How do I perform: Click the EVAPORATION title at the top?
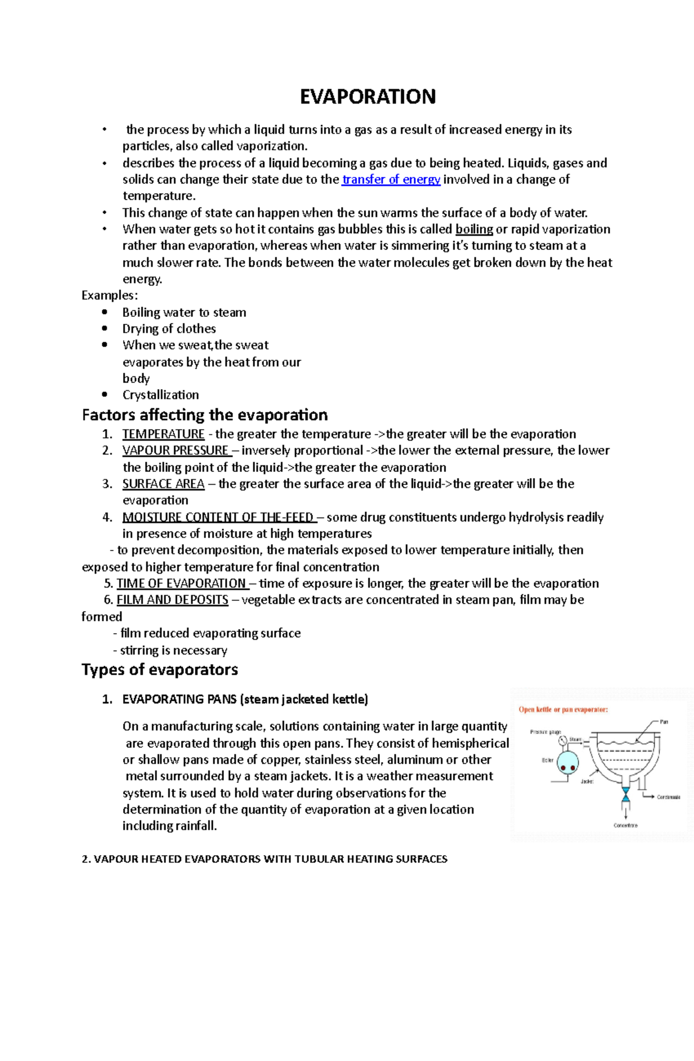[x=367, y=97]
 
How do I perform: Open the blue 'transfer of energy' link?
[x=391, y=179]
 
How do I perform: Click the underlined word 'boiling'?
[x=474, y=229]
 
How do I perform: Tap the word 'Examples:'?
[x=109, y=295]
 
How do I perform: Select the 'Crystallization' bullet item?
[x=160, y=395]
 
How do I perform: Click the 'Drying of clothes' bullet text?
[x=169, y=328]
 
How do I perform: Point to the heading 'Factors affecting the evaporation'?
[x=205, y=415]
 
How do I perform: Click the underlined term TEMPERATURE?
[x=163, y=434]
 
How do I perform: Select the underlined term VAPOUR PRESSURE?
[x=176, y=450]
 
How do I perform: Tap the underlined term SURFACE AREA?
[x=163, y=483]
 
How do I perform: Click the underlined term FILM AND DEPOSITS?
[x=172, y=600]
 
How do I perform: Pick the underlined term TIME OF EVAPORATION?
[x=181, y=583]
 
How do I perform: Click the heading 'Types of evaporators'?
[x=160, y=670]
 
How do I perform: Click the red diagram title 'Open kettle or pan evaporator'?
[x=563, y=709]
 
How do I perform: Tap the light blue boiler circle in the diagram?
[x=567, y=763]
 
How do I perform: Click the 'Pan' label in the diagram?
[x=664, y=722]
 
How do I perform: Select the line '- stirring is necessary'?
[x=170, y=650]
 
